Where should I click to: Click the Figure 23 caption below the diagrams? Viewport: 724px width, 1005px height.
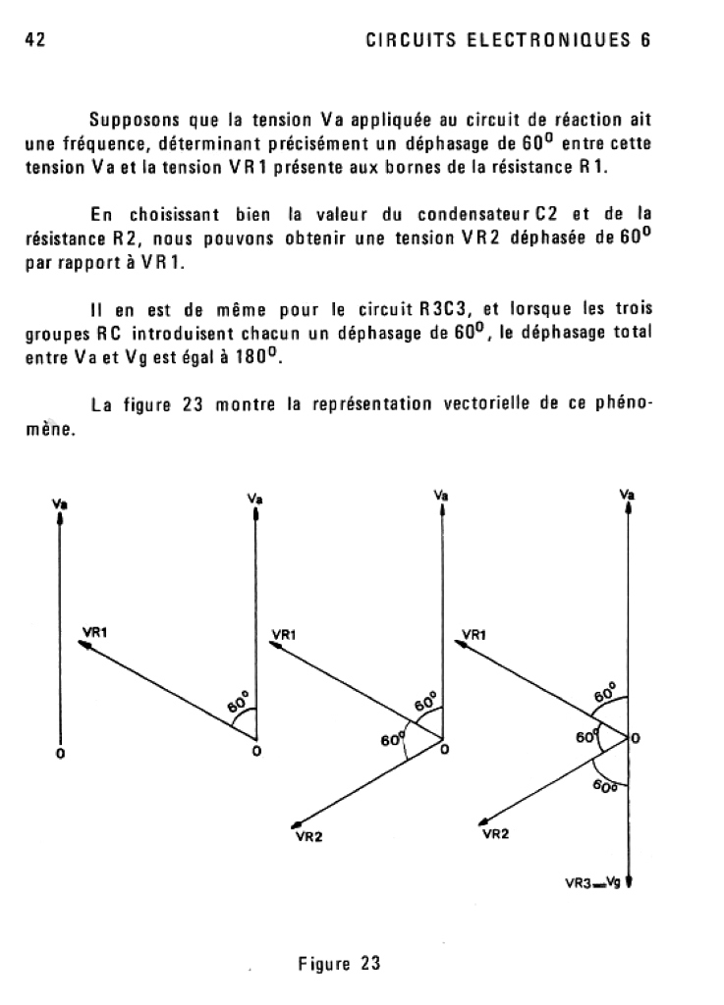339,963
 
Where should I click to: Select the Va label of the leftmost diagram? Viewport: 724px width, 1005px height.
61,504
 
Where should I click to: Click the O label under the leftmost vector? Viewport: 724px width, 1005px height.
61,755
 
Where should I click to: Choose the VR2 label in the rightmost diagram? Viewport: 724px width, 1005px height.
496,834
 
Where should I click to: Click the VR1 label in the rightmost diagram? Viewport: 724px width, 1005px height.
473,634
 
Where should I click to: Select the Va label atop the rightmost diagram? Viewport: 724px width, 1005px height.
627,496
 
